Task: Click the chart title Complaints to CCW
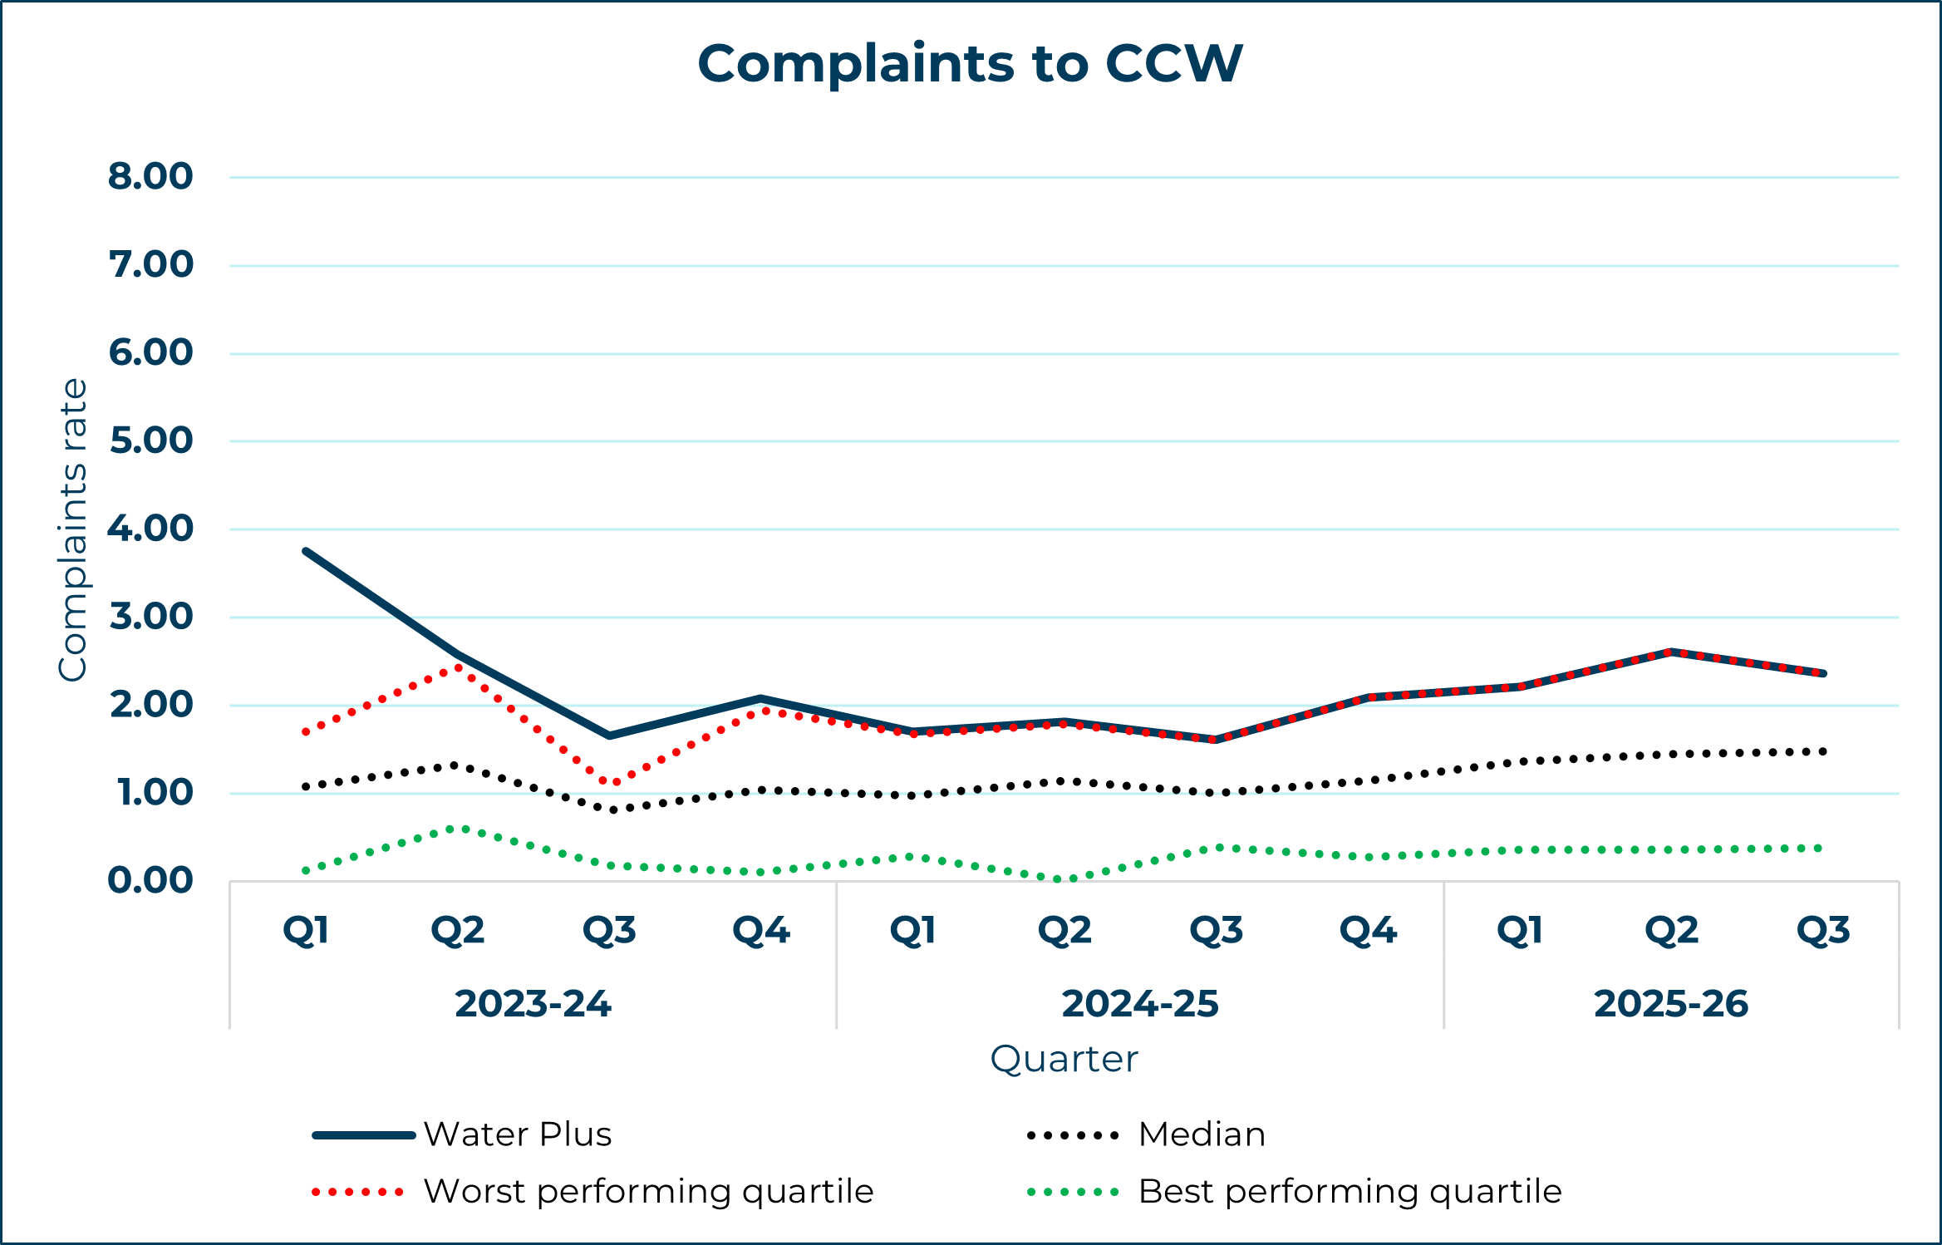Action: click(x=970, y=64)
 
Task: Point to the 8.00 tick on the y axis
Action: click(x=150, y=177)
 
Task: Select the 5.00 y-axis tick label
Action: click(x=150, y=441)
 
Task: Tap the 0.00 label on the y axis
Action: click(x=150, y=881)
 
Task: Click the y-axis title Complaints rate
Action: click(x=73, y=529)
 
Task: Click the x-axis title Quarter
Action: click(x=1064, y=1060)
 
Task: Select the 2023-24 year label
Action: click(x=533, y=1004)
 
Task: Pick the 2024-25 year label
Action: click(x=1139, y=1004)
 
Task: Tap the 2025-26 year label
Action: click(x=1671, y=1004)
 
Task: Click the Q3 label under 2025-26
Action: click(x=1823, y=931)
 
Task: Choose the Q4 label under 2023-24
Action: click(x=761, y=931)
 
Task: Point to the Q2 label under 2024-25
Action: click(x=1064, y=931)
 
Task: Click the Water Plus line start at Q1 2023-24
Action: click(x=307, y=551)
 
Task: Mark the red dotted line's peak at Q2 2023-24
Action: click(x=458, y=667)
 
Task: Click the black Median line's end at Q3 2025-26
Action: click(x=1822, y=751)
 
